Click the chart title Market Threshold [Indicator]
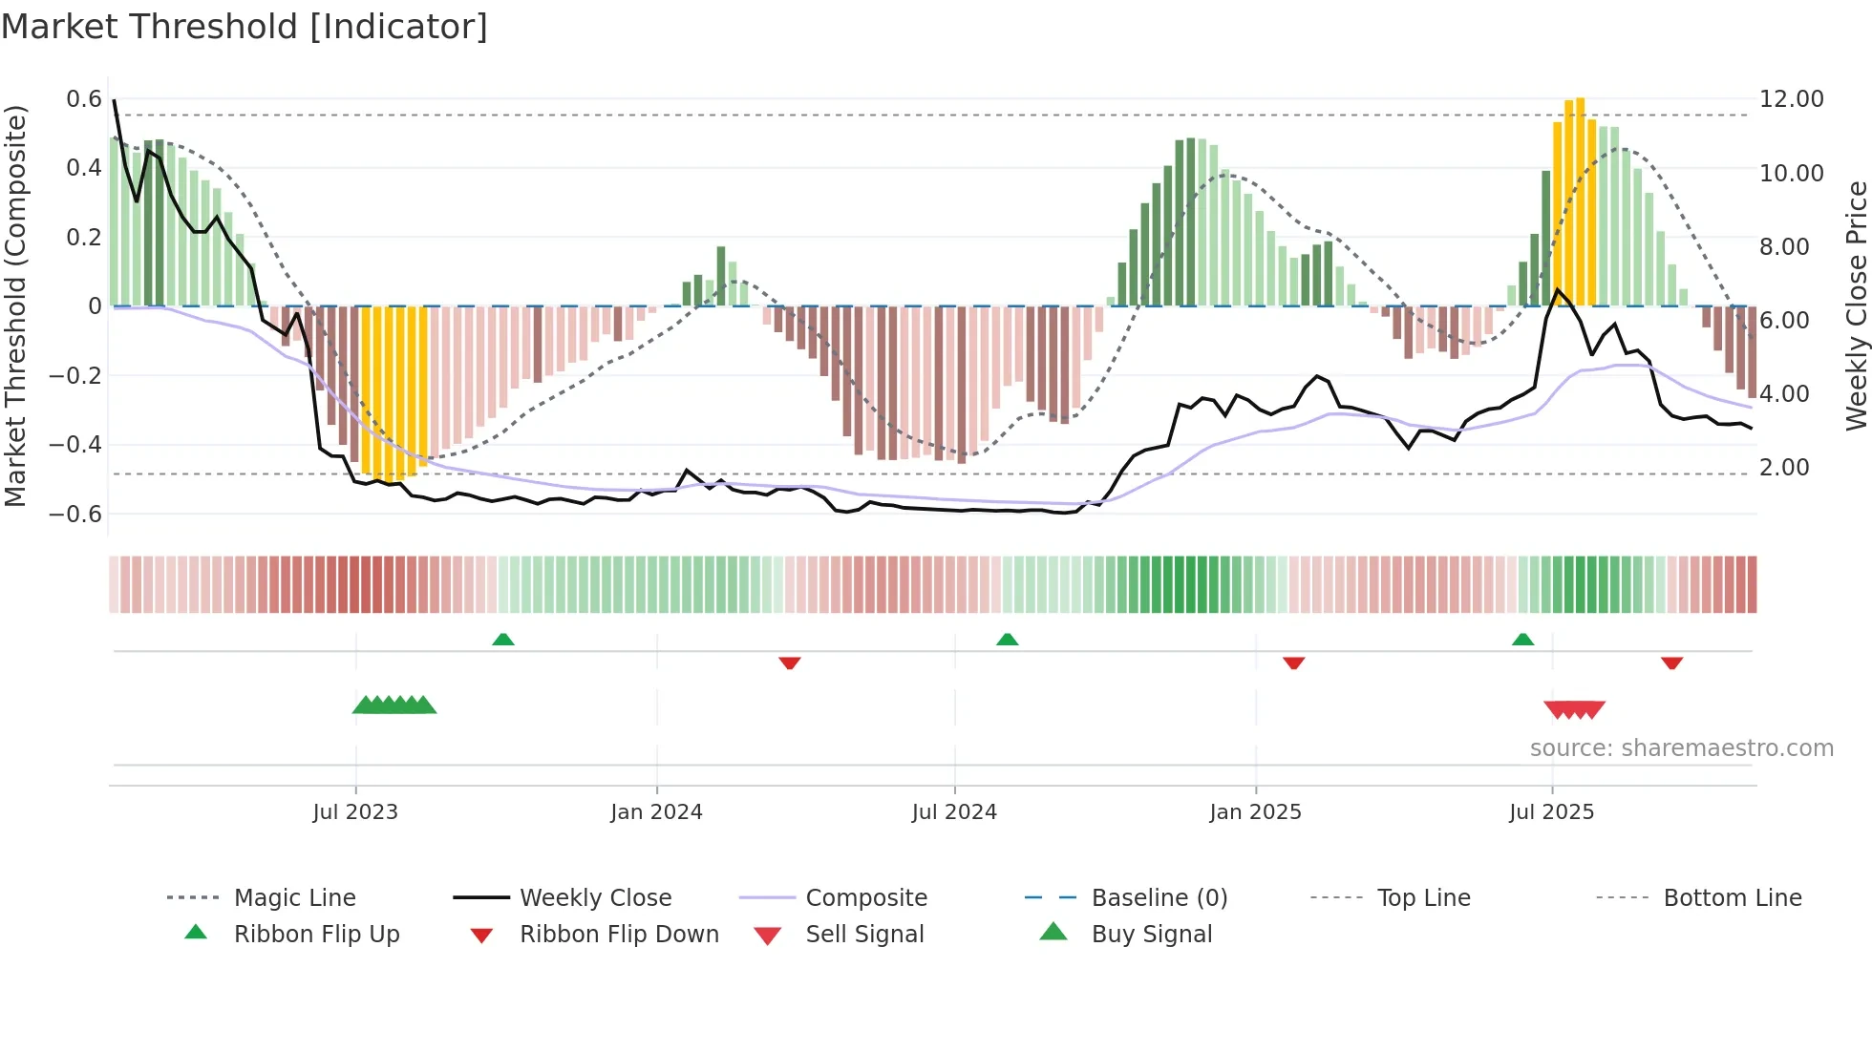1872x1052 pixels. pyautogui.click(x=245, y=27)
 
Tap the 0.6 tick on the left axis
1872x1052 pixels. pyautogui.click(x=84, y=99)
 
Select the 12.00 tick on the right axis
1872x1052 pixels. pyautogui.click(x=1791, y=99)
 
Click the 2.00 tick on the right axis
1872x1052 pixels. pyautogui.click(x=1784, y=468)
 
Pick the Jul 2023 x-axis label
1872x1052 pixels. pyautogui.click(x=355, y=812)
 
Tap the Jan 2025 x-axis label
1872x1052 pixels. pyautogui.click(x=1255, y=812)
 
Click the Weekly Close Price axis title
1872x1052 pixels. pyautogui.click(x=1856, y=305)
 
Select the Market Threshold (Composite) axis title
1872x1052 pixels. pyautogui.click(x=15, y=305)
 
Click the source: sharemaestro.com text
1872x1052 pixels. pyautogui.click(x=1681, y=748)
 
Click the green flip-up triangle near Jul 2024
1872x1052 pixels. pyautogui.click(x=1007, y=640)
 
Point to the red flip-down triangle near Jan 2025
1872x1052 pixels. pyautogui.click(x=1293, y=663)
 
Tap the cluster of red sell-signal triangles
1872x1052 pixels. pyautogui.click(x=1574, y=710)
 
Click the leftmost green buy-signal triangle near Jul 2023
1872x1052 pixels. pyautogui.click(x=364, y=705)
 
